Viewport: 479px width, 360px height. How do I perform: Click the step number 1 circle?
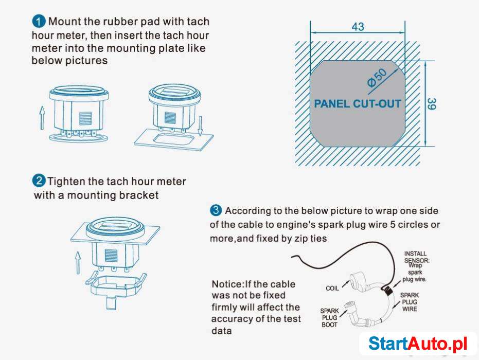pyautogui.click(x=39, y=22)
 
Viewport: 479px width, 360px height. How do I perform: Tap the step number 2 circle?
pyautogui.click(x=39, y=181)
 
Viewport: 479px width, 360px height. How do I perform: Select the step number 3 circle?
pyautogui.click(x=216, y=210)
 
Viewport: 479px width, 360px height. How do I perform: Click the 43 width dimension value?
pyautogui.click(x=358, y=27)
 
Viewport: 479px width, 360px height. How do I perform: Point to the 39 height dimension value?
pyautogui.click(x=431, y=104)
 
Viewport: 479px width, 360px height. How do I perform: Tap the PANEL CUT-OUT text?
pyautogui.click(x=358, y=104)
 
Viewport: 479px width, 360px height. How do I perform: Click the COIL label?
pyautogui.click(x=332, y=288)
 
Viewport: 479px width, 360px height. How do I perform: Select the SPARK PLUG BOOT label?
pyautogui.click(x=329, y=317)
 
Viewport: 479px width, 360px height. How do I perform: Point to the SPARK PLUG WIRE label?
pyautogui.click(x=410, y=302)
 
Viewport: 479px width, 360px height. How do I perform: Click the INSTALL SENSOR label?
pyautogui.click(x=416, y=257)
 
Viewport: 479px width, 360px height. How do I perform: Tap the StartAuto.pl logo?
pyautogui.click(x=418, y=344)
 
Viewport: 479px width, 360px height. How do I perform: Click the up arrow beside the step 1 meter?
pyautogui.click(x=42, y=118)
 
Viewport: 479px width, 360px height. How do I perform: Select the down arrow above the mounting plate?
pyautogui.click(x=200, y=126)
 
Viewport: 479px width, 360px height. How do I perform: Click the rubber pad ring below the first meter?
pyautogui.click(x=79, y=138)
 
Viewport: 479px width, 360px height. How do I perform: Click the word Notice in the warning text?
pyautogui.click(x=227, y=284)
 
